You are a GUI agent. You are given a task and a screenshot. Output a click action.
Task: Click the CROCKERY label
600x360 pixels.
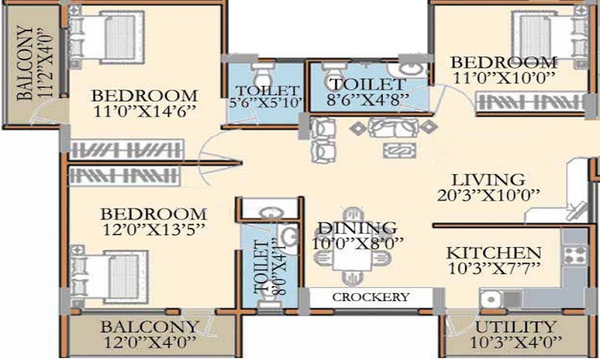371,297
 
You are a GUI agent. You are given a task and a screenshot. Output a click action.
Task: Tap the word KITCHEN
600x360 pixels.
494,253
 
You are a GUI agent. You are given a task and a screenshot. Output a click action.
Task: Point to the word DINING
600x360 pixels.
358,228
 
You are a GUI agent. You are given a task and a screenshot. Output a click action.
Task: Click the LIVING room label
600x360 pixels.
488,180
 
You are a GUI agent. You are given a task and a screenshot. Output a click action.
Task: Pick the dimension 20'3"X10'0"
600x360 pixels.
488,196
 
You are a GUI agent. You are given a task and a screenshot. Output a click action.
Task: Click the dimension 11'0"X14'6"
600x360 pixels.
145,112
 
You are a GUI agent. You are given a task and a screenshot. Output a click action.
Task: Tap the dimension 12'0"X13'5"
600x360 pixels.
154,230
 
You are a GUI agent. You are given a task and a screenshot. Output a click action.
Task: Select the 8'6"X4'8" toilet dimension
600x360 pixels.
368,100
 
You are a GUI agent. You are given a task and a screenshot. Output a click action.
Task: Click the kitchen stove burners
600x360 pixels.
575,254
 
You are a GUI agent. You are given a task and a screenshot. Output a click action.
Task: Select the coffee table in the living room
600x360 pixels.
400,150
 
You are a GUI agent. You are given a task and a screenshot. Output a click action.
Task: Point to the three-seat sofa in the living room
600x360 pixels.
394,127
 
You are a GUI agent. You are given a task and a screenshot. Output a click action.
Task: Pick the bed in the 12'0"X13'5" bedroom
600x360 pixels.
109,275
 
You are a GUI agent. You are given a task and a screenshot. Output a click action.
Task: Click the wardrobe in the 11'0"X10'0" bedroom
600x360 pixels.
532,103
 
